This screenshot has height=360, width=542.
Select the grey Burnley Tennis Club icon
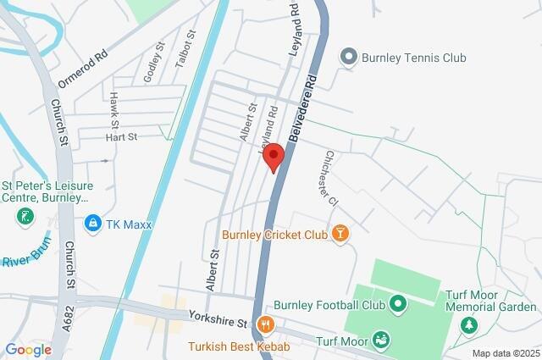347,58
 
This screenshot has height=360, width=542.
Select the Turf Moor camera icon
381,340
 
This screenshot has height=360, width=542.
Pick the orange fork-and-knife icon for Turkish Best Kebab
265,323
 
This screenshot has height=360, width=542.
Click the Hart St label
121,137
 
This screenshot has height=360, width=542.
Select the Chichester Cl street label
329,177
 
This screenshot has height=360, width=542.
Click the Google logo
28,350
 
